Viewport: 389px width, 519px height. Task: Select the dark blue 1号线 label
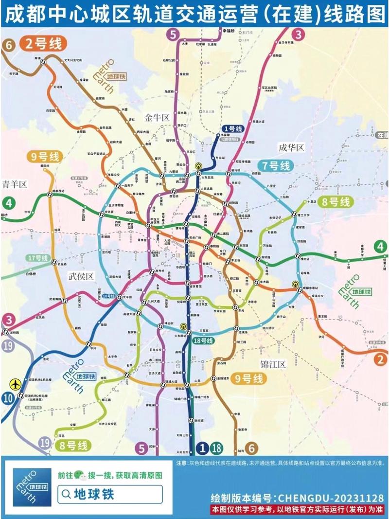232,129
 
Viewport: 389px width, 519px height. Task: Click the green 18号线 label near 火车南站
203,341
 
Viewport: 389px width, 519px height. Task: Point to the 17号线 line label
38,257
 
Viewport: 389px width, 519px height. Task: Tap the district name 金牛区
157,117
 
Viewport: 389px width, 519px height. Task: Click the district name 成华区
291,147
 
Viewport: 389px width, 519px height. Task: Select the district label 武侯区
80,276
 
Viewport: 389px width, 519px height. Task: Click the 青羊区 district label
14,184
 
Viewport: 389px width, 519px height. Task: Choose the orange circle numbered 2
381,359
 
